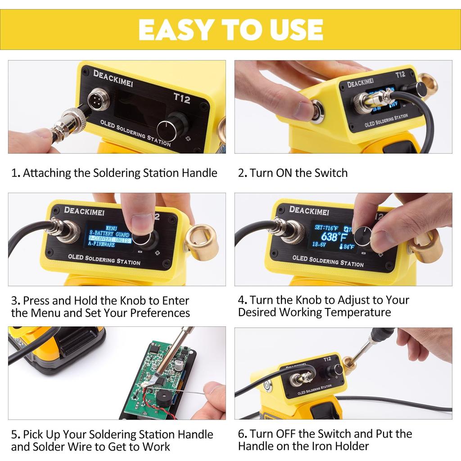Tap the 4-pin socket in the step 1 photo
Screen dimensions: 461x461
point(98,98)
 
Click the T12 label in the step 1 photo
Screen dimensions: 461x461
point(181,98)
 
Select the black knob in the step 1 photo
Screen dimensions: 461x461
point(172,128)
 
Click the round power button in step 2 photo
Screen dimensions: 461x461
point(317,112)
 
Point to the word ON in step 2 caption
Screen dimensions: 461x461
point(281,173)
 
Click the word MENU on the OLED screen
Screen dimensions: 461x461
point(110,228)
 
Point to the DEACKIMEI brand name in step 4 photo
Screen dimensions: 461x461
point(309,210)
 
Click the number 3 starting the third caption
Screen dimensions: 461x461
point(15,301)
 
